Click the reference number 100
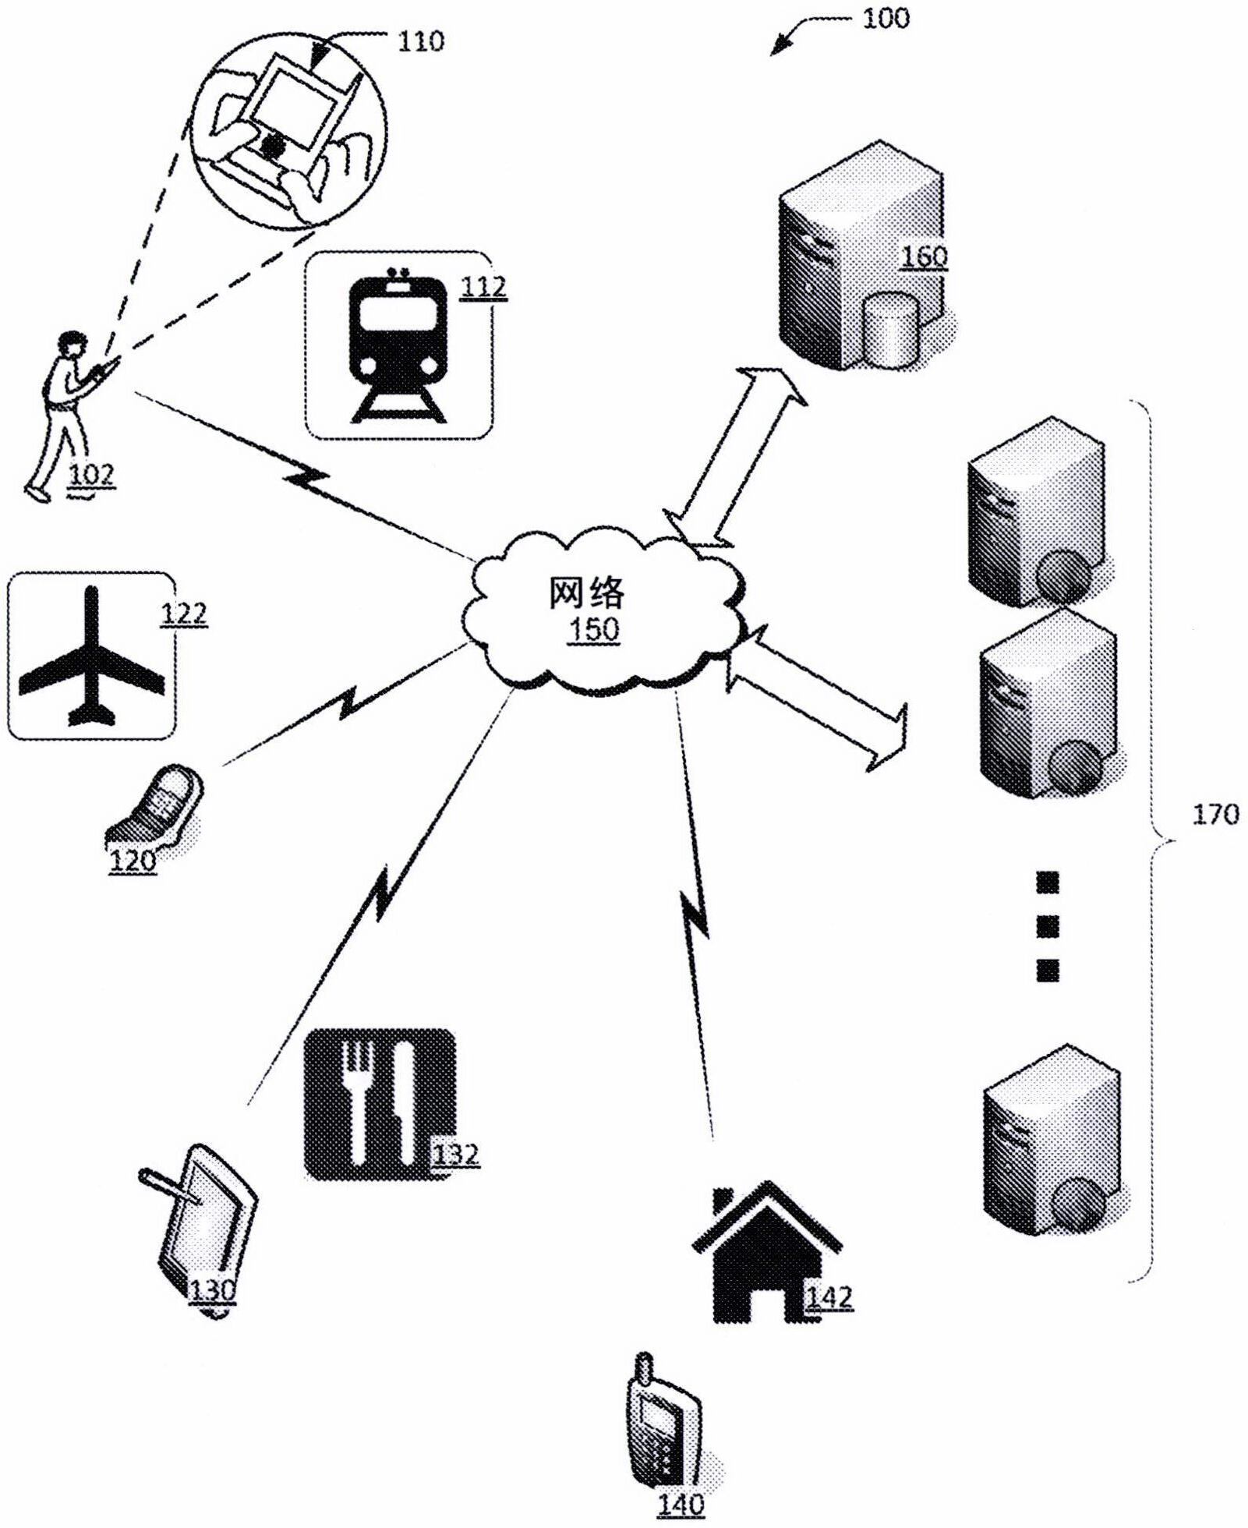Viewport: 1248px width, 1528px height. click(x=885, y=17)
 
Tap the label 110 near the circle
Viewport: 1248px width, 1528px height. click(x=421, y=41)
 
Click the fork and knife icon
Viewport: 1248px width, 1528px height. click(x=379, y=1103)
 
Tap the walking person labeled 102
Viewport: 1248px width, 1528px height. click(x=62, y=413)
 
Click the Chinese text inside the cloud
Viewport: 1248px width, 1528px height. click(x=587, y=592)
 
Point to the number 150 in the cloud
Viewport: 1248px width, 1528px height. click(x=593, y=628)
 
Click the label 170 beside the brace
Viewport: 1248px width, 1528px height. click(x=1215, y=815)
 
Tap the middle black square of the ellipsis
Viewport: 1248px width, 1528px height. click(x=1048, y=926)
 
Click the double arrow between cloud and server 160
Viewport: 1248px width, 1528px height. click(x=734, y=458)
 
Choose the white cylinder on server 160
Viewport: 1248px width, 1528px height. click(x=891, y=330)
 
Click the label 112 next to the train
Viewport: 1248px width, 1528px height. click(x=483, y=287)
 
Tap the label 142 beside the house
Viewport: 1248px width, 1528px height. click(x=829, y=1297)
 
